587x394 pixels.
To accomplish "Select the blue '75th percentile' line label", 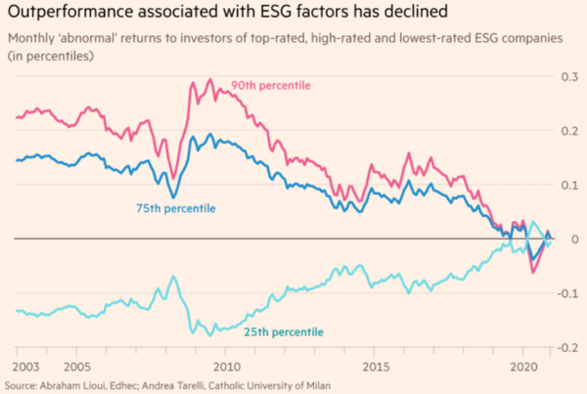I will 175,209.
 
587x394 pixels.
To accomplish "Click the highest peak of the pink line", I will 210,79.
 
